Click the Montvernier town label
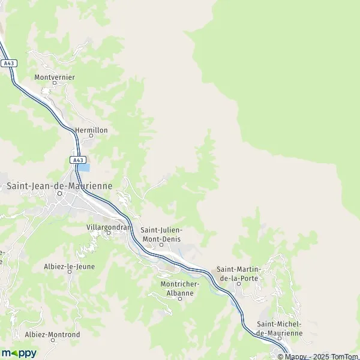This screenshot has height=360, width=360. (53, 77)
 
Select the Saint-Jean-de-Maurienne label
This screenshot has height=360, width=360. (59, 186)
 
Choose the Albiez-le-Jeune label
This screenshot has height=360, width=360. (69, 266)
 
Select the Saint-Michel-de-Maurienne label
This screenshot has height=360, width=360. (279, 328)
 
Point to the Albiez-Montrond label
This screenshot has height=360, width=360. (52, 334)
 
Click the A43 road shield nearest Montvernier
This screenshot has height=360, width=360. (8, 62)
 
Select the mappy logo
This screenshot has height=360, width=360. (19, 353)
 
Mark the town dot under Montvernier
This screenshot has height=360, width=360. (53, 83)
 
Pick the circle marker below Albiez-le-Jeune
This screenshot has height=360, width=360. (69, 272)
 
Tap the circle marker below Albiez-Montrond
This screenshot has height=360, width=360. (52, 340)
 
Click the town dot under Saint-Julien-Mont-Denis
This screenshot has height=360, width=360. (161, 244)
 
